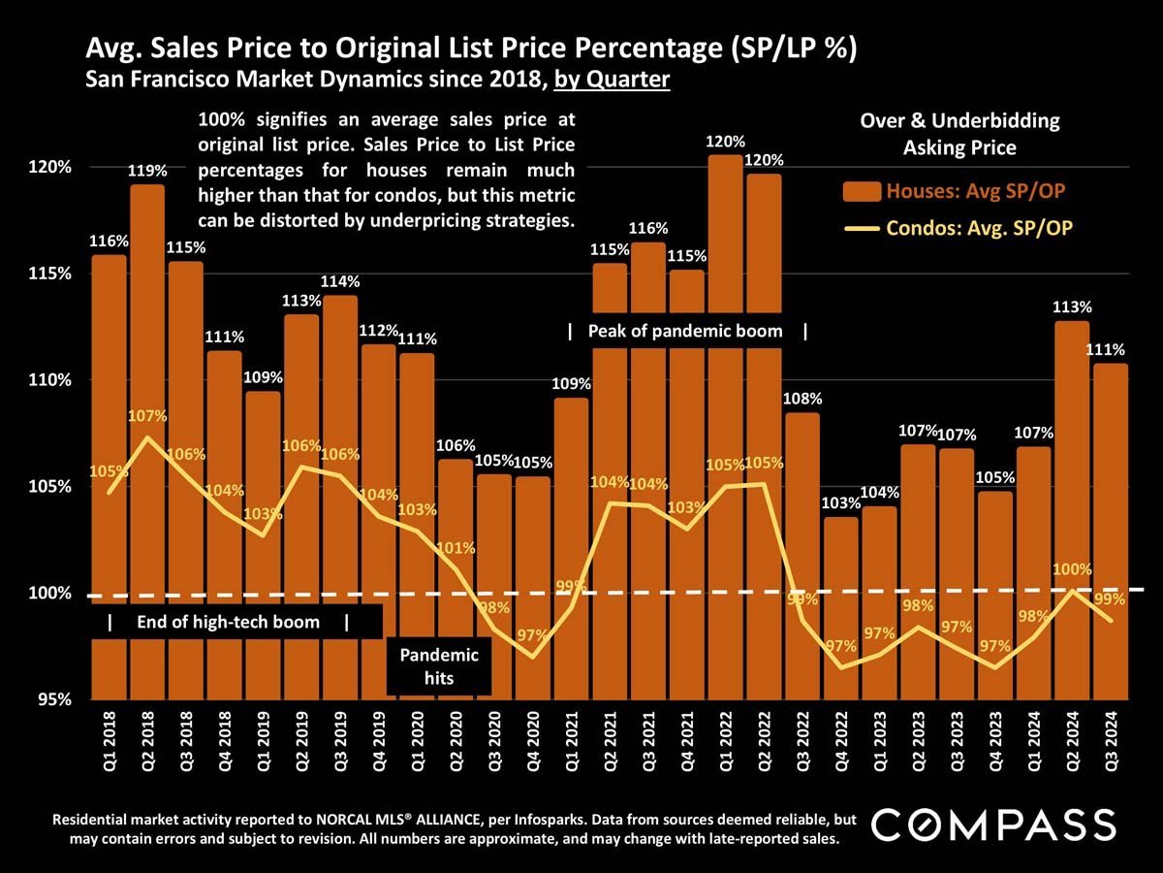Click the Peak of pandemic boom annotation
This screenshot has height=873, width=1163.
point(686,331)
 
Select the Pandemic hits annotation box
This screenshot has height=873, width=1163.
point(439,666)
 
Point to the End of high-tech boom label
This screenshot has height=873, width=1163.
point(229,622)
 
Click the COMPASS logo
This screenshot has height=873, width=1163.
point(994,824)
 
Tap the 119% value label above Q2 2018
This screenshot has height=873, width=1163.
point(147,171)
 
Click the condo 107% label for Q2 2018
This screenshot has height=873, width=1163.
point(147,416)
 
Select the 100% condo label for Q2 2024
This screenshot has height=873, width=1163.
point(1073,569)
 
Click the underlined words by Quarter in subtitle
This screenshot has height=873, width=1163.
point(612,80)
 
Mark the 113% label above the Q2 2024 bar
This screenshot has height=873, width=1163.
point(1073,307)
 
